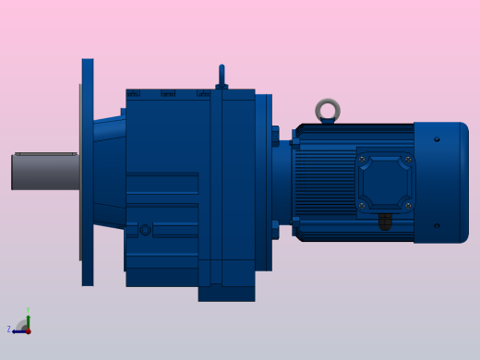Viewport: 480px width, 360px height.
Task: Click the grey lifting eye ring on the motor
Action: point(328,111)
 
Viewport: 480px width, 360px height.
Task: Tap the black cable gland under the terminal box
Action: point(385,222)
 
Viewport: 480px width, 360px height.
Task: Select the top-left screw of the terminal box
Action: point(363,159)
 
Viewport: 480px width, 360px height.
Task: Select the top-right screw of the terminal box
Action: point(408,159)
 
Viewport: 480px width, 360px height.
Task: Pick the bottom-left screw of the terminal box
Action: point(363,205)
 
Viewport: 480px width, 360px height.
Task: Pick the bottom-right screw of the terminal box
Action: point(408,205)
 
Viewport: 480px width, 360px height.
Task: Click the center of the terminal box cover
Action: point(385,182)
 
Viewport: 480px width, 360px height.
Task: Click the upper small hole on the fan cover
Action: point(437,139)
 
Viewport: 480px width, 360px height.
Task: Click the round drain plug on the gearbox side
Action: point(145,230)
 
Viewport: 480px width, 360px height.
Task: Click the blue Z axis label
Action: point(9,330)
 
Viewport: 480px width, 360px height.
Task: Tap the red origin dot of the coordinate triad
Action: point(28,330)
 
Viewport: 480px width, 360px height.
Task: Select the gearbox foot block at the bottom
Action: point(226,293)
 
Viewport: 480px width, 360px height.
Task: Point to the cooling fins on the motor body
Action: point(323,180)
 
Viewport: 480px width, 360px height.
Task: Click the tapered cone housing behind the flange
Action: point(109,171)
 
